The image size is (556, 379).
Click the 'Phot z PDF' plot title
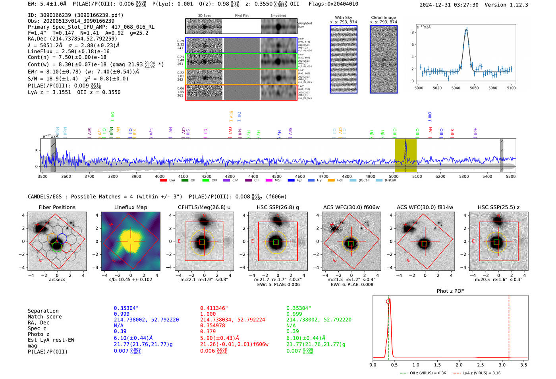tap(450, 291)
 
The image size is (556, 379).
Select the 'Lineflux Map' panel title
tap(130, 207)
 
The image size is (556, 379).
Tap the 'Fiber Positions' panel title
tap(57, 207)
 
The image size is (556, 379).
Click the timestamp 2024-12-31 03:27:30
tap(449, 5)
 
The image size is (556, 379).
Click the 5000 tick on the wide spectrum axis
tap(394, 177)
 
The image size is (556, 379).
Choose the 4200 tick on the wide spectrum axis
tap(207, 177)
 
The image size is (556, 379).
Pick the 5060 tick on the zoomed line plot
tap(474, 88)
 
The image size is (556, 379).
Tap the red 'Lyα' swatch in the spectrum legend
tap(163, 181)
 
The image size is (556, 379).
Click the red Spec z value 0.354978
tap(212, 325)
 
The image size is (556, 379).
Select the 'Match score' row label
tap(44, 317)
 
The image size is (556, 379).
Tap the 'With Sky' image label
tap(343, 17)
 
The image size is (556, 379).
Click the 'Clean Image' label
tap(383, 17)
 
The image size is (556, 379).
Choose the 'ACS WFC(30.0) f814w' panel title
tap(425, 207)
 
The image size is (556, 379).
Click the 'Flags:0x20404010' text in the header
tap(333, 4)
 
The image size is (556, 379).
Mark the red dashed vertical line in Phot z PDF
tap(509, 326)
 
